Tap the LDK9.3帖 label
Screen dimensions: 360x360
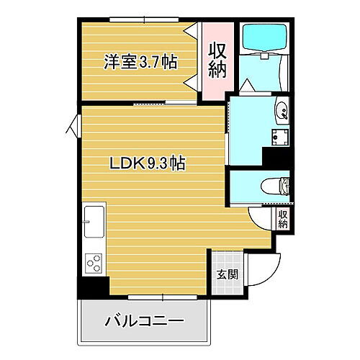pyautogui.click(x=148, y=163)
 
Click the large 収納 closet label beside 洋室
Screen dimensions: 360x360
pyautogui.click(x=217, y=60)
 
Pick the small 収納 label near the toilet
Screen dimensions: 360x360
pyautogui.click(x=283, y=217)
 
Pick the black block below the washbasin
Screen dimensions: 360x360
pyautogui.click(x=276, y=156)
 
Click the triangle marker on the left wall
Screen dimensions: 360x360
pyautogui.click(x=71, y=127)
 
